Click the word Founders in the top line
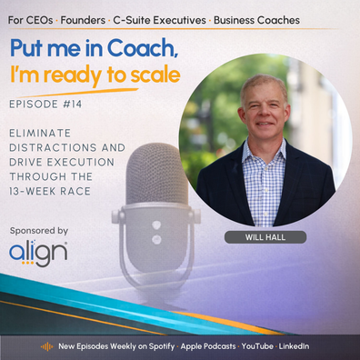tap(83, 20)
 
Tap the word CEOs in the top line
tap(40, 20)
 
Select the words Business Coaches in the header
tap(256, 20)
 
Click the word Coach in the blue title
tap(142, 48)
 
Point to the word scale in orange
tap(155, 75)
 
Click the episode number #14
tap(73, 105)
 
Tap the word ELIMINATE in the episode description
tap(40, 133)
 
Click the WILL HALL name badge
tap(265, 237)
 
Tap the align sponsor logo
tap(38, 253)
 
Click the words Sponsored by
tap(39, 231)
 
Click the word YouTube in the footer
tap(257, 346)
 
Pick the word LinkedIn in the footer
tap(294, 346)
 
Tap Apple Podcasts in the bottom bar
tap(208, 346)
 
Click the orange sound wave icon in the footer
tap(46, 346)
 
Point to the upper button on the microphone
tap(156, 225)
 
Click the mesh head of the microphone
tap(157, 174)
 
